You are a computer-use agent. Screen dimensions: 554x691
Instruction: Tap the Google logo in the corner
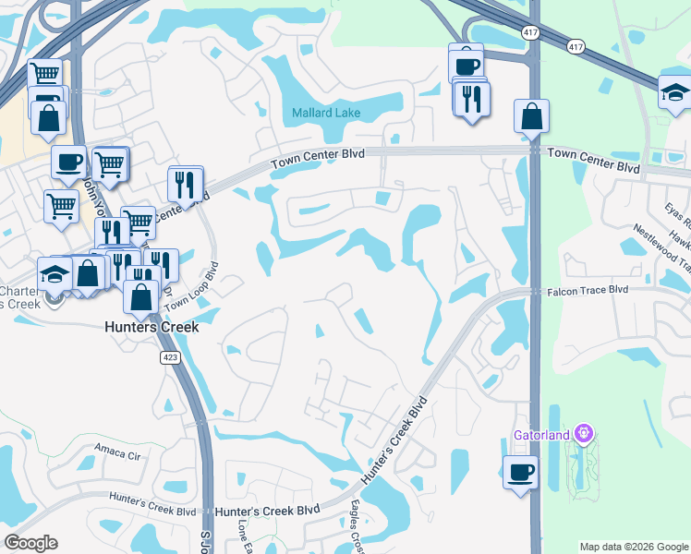click(x=30, y=543)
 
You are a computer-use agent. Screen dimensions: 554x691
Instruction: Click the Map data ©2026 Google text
click(x=633, y=547)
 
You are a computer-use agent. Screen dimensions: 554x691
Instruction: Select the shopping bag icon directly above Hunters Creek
click(x=141, y=297)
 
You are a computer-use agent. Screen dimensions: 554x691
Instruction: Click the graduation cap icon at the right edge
click(x=673, y=91)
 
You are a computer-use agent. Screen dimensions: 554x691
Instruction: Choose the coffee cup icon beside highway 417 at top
click(x=467, y=65)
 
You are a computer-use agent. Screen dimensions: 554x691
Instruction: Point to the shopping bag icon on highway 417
click(x=532, y=116)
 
